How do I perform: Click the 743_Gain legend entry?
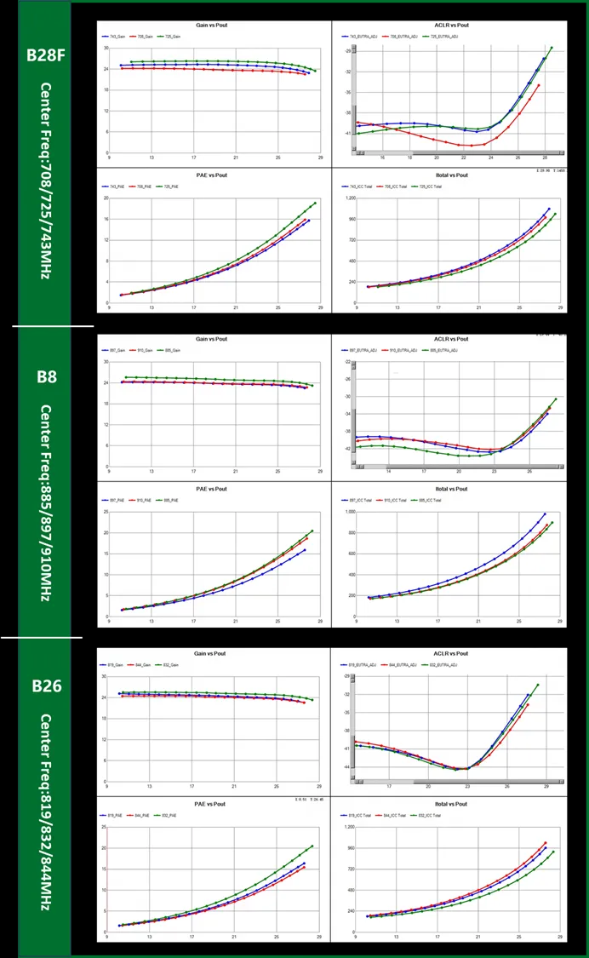pos(117,37)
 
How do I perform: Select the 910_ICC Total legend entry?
pos(401,500)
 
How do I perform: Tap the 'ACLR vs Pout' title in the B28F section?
pos(451,26)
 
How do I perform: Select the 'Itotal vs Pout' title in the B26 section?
pos(451,804)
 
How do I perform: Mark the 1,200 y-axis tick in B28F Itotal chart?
pos(349,198)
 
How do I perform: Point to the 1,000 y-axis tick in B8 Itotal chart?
pos(349,512)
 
